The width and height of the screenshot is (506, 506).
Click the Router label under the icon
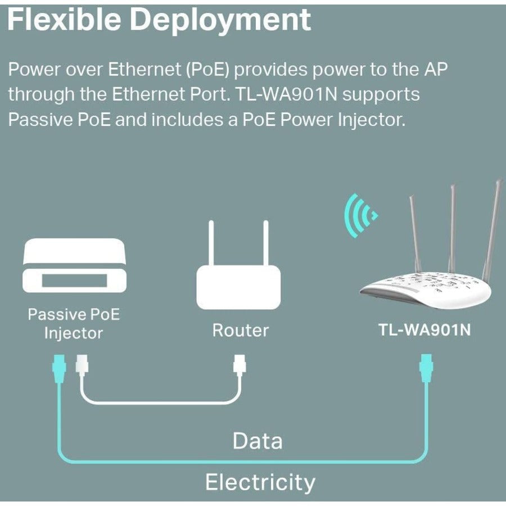[240, 330]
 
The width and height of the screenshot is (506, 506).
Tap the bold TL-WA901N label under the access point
[424, 330]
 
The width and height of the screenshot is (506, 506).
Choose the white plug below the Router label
[240, 369]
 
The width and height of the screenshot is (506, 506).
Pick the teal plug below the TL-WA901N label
[426, 369]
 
